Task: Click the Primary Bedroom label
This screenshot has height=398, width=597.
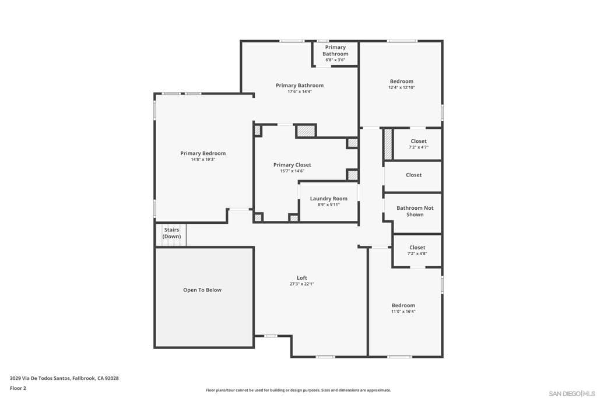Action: pyautogui.click(x=202, y=153)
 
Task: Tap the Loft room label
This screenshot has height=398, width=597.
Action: pyautogui.click(x=301, y=278)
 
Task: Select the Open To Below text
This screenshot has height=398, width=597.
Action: pyautogui.click(x=202, y=290)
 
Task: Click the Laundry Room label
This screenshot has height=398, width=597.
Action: pyautogui.click(x=328, y=199)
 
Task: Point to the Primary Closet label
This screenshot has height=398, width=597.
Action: pyautogui.click(x=292, y=165)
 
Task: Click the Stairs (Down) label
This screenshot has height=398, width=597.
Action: pyautogui.click(x=171, y=233)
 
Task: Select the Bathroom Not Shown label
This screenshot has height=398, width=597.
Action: pyautogui.click(x=415, y=211)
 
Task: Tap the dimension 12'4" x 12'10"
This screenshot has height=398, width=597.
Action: pyautogui.click(x=401, y=87)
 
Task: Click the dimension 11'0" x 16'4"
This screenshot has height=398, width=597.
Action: pyautogui.click(x=403, y=312)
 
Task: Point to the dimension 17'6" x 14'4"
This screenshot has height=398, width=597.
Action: pyautogui.click(x=300, y=91)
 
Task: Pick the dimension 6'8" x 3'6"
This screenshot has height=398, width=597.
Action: pyautogui.click(x=335, y=60)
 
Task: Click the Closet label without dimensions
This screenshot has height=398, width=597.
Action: pyautogui.click(x=413, y=175)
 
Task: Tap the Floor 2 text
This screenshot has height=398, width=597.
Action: pyautogui.click(x=18, y=388)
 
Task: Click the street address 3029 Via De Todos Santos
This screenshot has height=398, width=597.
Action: pyautogui.click(x=64, y=378)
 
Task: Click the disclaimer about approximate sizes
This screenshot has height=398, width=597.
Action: pyautogui.click(x=298, y=390)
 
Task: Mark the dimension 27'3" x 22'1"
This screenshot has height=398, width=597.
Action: pyautogui.click(x=301, y=284)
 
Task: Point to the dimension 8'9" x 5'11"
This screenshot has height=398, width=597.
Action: pyautogui.click(x=328, y=205)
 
